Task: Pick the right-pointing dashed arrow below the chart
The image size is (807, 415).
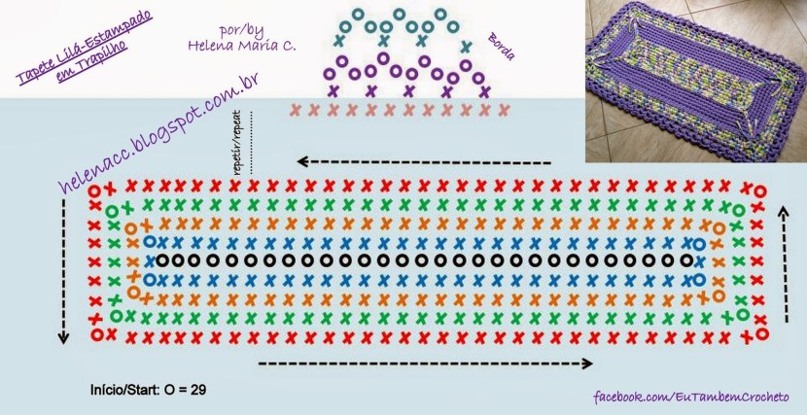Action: tap(426, 363)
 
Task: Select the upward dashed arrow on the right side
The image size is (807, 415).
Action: tap(786, 262)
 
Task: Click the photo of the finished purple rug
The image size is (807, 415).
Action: tap(695, 80)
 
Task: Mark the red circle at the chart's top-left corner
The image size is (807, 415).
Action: tap(94, 190)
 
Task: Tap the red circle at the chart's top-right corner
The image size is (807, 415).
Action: tap(759, 190)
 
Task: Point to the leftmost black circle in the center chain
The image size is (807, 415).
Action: tap(162, 260)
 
